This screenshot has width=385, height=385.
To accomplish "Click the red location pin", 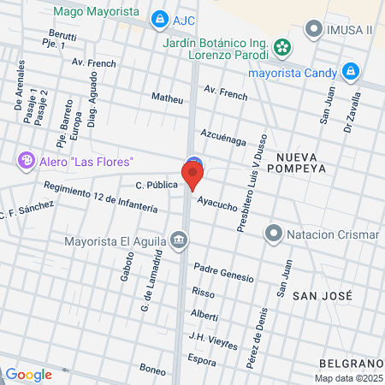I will point(192,175).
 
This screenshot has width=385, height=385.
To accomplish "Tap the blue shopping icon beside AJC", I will point(158,19).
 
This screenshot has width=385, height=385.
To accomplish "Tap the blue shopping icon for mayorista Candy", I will point(348,71).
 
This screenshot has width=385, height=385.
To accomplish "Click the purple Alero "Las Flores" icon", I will point(27,160).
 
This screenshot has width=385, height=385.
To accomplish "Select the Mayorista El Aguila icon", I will point(178,239).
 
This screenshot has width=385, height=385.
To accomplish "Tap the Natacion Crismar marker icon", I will point(274,232).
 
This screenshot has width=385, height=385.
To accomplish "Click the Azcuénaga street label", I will point(223,138).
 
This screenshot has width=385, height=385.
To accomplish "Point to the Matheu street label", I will point(167,98).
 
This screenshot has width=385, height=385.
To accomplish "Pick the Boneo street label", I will point(151,369).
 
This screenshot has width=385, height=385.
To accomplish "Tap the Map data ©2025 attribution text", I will point(348,378).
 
